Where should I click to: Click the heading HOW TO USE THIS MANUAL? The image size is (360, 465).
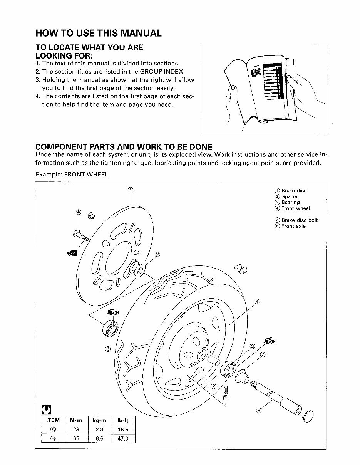coord(98,33)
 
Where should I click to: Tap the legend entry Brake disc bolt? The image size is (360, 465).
coord(299,220)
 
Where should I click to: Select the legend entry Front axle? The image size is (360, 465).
coord(293,226)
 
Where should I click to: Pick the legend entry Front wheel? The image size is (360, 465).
coord(295,208)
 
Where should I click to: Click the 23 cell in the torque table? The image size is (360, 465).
coord(76,430)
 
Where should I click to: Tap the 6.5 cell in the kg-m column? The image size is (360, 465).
coord(99,438)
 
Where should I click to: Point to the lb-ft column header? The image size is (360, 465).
coord(122,420)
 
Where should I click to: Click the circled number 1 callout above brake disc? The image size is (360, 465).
coord(131,190)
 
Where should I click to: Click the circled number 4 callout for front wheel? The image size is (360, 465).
coord(257,302)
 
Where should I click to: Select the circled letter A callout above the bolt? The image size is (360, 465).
coord(79,212)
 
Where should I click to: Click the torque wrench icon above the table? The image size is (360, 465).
coord(45,409)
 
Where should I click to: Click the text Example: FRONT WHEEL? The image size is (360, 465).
coord(72,175)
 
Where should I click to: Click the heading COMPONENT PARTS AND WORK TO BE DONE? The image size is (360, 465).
coord(124,147)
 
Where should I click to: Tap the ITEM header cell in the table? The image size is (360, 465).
coord(53,420)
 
